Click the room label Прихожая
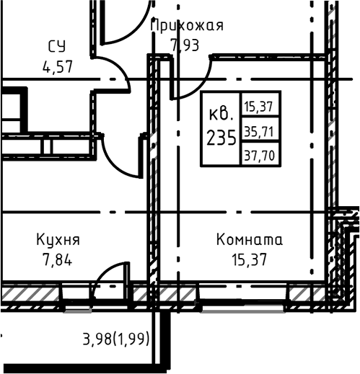click(x=187, y=26)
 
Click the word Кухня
click(x=58, y=239)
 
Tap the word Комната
click(x=250, y=239)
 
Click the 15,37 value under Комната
click(x=250, y=259)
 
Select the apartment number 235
click(x=221, y=138)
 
